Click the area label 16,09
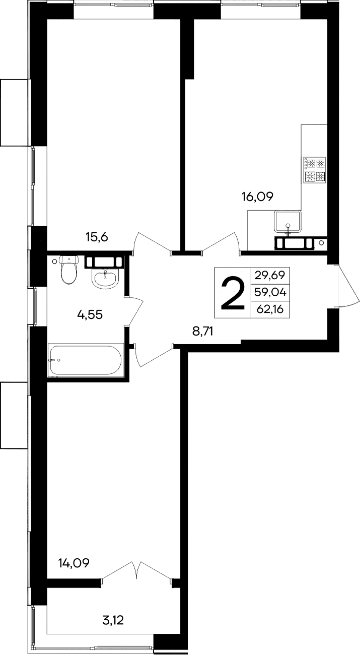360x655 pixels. (x=257, y=197)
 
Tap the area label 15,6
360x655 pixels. (x=97, y=236)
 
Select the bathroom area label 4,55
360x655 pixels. (x=90, y=315)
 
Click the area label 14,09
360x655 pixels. (x=74, y=563)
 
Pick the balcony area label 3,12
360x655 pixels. (x=113, y=620)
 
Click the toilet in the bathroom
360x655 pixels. (x=68, y=269)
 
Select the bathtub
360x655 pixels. (x=85, y=360)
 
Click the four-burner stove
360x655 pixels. (x=314, y=170)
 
